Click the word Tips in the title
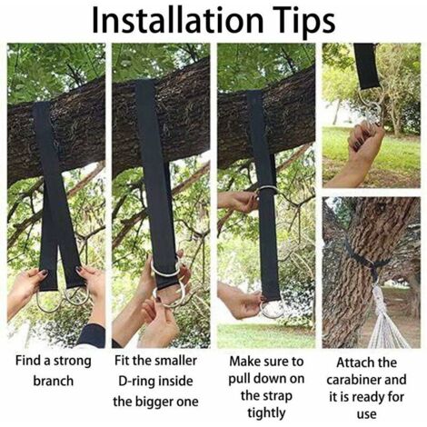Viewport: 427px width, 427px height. tap(304, 22)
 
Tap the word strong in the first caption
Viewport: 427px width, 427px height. tap(72, 362)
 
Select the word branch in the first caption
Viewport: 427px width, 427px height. tap(54, 381)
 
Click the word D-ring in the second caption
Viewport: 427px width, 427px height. tap(135, 381)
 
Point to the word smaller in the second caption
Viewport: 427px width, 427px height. tap(175, 361)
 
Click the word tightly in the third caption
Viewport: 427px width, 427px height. tap(266, 413)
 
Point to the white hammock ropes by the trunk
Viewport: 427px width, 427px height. tap(384, 320)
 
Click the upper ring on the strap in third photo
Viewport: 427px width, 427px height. tap(266, 188)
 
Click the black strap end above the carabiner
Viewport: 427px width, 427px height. tap(366, 66)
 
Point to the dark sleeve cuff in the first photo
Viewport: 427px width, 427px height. tap(92, 335)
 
